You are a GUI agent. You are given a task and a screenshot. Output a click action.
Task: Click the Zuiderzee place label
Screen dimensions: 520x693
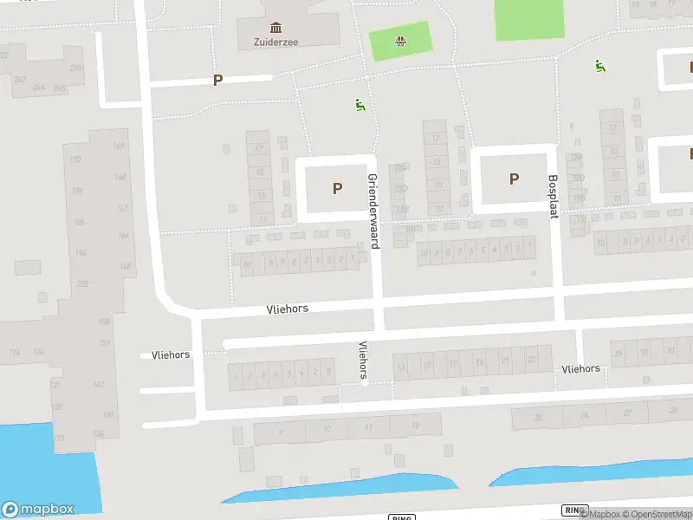(x=275, y=41)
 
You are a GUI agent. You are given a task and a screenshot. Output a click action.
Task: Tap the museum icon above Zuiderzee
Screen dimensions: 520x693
(x=275, y=27)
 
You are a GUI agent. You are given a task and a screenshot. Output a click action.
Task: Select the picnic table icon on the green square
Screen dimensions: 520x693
(x=400, y=41)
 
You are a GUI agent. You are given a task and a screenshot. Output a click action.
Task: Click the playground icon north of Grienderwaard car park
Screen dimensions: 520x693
(x=360, y=105)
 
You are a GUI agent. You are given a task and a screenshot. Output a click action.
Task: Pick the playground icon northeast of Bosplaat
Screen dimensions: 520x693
(x=598, y=65)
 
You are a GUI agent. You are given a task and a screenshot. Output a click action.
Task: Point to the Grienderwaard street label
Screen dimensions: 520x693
(x=373, y=211)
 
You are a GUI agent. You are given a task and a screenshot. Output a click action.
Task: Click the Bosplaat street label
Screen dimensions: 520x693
(x=552, y=197)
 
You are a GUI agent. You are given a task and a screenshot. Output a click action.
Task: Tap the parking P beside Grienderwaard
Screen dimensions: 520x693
(x=337, y=188)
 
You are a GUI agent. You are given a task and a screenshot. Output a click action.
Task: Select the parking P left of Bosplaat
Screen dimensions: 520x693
(x=514, y=179)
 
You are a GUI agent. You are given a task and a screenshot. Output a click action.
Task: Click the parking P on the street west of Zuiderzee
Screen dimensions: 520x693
(x=217, y=80)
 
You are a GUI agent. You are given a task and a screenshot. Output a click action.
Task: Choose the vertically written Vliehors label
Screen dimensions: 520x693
(x=363, y=359)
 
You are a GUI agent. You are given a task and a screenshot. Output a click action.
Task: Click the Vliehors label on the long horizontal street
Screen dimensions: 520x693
(x=287, y=309)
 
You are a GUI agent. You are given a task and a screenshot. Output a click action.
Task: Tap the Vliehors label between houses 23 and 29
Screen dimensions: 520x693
(x=580, y=368)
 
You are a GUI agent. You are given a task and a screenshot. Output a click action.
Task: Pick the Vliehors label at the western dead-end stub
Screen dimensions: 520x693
(x=171, y=354)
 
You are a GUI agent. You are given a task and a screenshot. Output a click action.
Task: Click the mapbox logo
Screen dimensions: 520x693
(x=39, y=510)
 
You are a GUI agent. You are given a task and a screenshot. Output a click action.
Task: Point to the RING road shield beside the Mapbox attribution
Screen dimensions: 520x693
(x=573, y=510)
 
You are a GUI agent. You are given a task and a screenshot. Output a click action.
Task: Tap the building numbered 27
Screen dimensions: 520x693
(x=627, y=413)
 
